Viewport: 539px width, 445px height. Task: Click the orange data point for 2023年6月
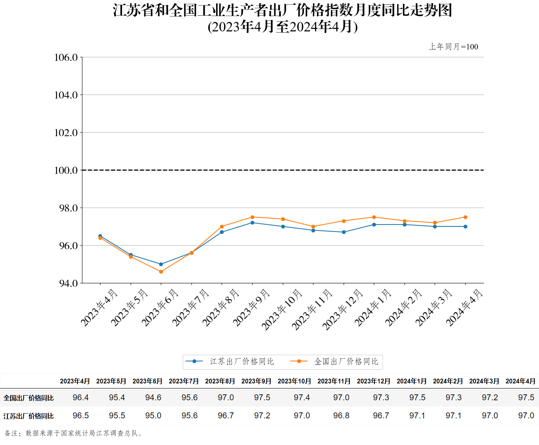(161, 272)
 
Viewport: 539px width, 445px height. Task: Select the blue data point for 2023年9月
(252, 222)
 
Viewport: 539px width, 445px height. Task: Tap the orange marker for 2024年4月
(465, 217)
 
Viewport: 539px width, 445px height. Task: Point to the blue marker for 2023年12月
(344, 232)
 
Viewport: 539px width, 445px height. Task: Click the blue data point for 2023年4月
(100, 236)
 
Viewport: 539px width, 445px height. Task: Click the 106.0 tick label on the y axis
(66, 58)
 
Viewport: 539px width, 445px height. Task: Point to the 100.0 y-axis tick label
(66, 170)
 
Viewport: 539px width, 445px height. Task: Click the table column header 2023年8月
(220, 381)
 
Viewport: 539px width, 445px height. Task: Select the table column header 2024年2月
(448, 381)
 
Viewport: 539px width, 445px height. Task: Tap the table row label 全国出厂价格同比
(29, 398)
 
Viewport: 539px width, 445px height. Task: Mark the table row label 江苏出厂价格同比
(29, 416)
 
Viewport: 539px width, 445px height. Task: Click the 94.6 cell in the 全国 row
(153, 398)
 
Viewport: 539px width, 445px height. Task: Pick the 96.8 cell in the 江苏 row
(341, 416)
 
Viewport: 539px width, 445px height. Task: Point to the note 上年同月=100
(453, 47)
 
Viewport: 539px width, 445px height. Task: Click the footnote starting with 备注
(74, 433)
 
